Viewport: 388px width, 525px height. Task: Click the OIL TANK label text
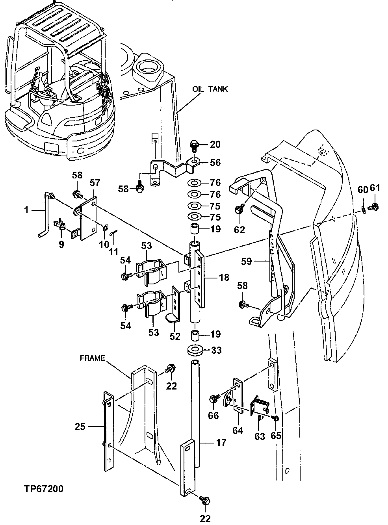point(210,89)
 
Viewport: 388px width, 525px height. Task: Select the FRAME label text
point(92,358)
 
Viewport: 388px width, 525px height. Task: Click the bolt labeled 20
point(195,145)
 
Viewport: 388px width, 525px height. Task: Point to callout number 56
point(215,162)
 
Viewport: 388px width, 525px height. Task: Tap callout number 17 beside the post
point(221,443)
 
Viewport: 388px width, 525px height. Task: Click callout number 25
point(80,426)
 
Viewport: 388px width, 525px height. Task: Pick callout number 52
point(175,337)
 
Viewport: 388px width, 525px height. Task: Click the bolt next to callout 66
point(213,399)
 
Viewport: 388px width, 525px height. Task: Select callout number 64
point(238,431)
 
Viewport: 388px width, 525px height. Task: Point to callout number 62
point(239,229)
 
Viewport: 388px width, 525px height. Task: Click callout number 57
point(95,182)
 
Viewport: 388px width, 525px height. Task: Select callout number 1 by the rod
point(26,210)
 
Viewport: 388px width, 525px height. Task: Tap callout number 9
point(61,244)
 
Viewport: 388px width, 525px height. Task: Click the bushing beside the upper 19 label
point(194,229)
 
